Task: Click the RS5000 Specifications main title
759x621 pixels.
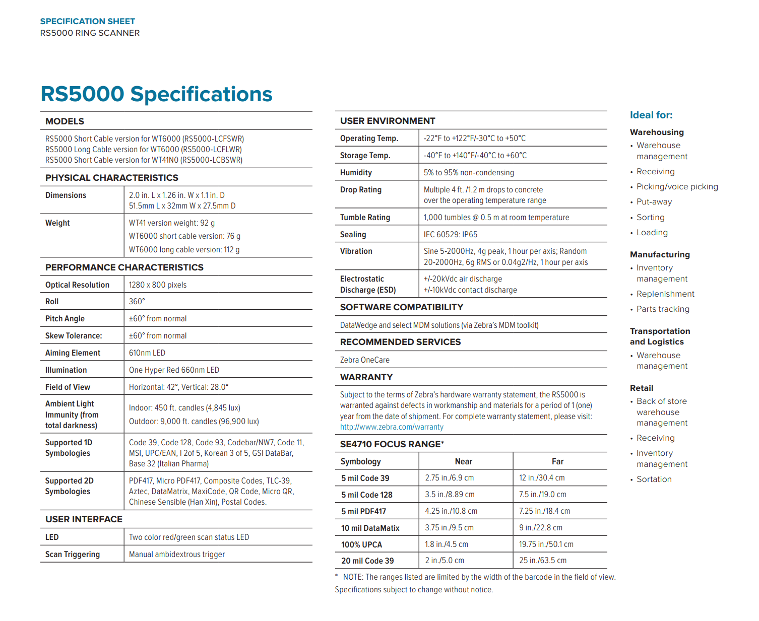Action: click(156, 94)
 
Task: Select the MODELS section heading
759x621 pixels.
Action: click(65, 121)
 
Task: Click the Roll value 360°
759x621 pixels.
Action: click(137, 301)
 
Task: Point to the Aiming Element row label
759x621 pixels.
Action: click(73, 353)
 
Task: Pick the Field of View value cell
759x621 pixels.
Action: click(178, 387)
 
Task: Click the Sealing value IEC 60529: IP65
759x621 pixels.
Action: click(450, 234)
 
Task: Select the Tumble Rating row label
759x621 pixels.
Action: click(365, 217)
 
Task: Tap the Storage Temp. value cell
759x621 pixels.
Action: click(475, 155)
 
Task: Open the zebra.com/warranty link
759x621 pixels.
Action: click(392, 427)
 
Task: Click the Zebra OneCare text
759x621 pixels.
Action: click(364, 360)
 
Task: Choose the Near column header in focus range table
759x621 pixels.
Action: click(463, 461)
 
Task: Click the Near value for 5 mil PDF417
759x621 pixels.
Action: click(451, 511)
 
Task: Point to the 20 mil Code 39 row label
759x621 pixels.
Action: click(367, 561)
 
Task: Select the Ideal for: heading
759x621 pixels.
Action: click(651, 115)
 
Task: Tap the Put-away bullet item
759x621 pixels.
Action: click(654, 202)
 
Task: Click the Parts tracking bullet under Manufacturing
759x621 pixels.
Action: click(662, 309)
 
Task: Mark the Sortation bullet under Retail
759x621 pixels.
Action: click(654, 479)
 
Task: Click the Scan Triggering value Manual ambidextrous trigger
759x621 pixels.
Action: click(176, 554)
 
